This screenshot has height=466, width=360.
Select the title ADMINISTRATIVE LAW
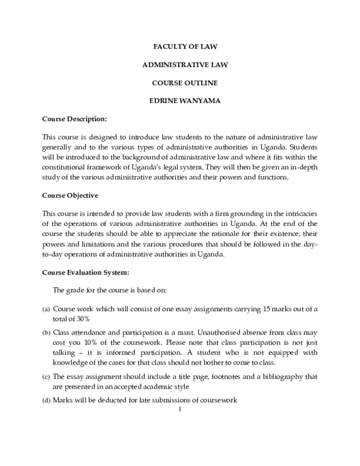tap(180, 63)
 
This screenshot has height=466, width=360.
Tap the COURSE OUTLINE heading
tap(180, 82)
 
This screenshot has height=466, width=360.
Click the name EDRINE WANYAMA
tap(180, 100)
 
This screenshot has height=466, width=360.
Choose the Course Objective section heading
tap(70, 195)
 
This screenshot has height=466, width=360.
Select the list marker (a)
tap(46, 309)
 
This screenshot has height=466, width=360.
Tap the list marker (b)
tap(46, 332)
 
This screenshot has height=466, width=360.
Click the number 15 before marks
tap(268, 309)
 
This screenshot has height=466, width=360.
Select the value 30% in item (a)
tap(80, 319)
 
